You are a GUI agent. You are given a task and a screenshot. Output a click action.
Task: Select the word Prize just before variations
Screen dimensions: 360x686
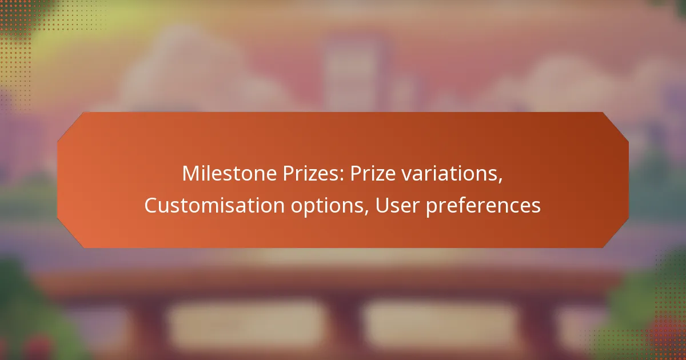click(x=368, y=174)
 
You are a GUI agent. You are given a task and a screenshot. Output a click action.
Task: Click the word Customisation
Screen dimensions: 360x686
click(x=204, y=206)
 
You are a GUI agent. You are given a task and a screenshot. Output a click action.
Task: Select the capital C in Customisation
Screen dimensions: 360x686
click(x=151, y=206)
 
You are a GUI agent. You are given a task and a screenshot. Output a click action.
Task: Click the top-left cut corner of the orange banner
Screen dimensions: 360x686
click(x=71, y=125)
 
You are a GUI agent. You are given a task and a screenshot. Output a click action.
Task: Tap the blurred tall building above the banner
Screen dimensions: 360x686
click(x=354, y=74)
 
